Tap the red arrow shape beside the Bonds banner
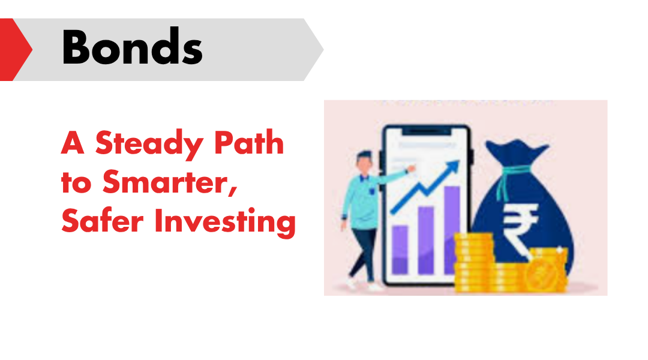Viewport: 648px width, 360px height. click(x=14, y=50)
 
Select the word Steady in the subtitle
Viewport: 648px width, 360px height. click(x=149, y=144)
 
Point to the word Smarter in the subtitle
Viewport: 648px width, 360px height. click(x=170, y=181)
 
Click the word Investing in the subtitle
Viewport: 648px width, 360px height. click(x=225, y=222)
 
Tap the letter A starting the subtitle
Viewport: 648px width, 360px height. click(x=73, y=142)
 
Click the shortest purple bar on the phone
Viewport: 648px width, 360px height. click(x=400, y=249)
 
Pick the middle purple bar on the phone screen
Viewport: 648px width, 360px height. click(x=425, y=240)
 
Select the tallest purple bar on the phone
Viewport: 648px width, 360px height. click(x=452, y=230)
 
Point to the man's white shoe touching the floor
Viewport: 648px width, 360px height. click(x=375, y=286)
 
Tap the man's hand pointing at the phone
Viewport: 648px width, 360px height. click(x=411, y=169)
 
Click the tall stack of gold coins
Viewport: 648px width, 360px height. click(x=474, y=262)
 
